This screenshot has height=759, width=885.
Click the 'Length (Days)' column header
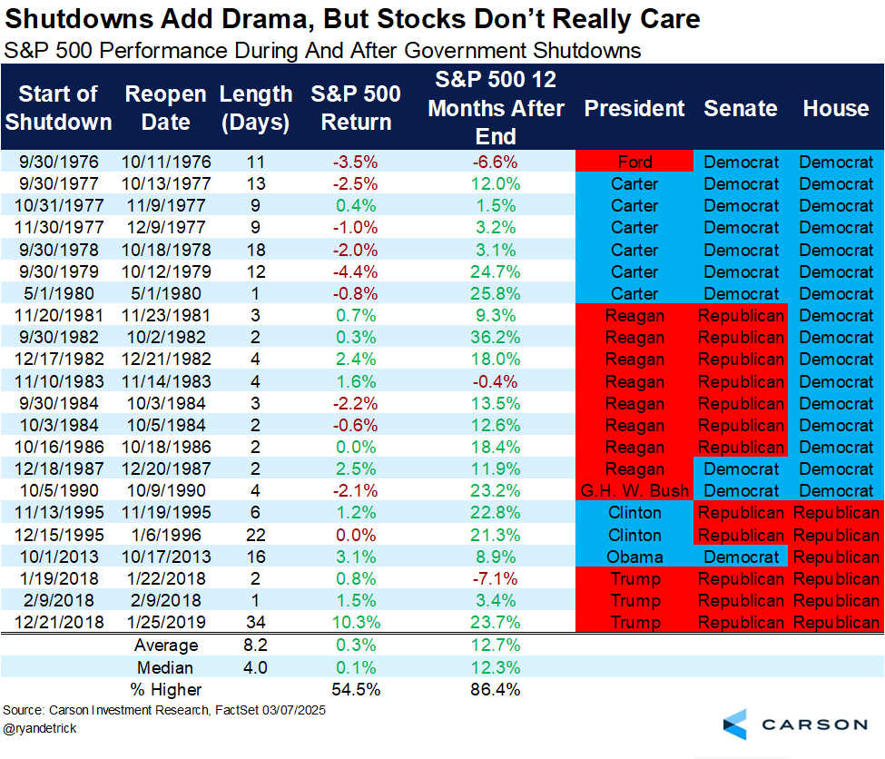(x=256, y=108)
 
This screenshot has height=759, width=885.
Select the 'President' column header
(x=634, y=109)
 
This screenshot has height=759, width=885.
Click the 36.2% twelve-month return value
(x=496, y=338)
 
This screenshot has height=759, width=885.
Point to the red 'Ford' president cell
(x=634, y=163)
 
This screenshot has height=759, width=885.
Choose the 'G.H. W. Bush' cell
(x=634, y=491)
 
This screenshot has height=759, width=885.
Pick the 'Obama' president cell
(x=634, y=557)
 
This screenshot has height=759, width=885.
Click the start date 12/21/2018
(x=58, y=622)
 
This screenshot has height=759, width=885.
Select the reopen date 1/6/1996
(x=166, y=535)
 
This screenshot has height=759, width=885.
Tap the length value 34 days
(x=256, y=622)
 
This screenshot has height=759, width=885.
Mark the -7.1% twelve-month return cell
(x=496, y=578)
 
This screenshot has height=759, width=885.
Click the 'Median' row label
(x=166, y=667)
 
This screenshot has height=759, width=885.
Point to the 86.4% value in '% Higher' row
(x=496, y=689)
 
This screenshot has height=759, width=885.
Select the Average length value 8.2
(x=256, y=646)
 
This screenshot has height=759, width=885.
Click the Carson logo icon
(x=735, y=724)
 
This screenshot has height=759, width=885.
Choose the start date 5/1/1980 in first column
(x=58, y=294)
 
